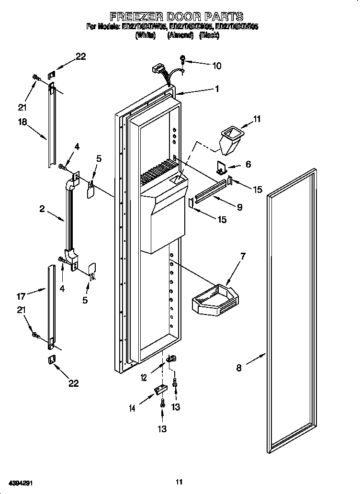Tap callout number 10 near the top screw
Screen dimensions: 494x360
pos(216,66)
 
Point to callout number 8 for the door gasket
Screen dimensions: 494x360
pos(239,368)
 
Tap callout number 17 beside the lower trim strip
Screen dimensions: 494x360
pos(21,296)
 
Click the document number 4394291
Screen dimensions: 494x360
pos(20,483)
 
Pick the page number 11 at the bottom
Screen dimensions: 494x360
pos(179,482)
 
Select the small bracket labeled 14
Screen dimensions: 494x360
pos(160,390)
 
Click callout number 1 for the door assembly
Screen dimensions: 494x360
pos(217,89)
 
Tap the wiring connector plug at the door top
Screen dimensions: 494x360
pos(156,70)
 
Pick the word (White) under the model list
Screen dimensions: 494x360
pos(146,36)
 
